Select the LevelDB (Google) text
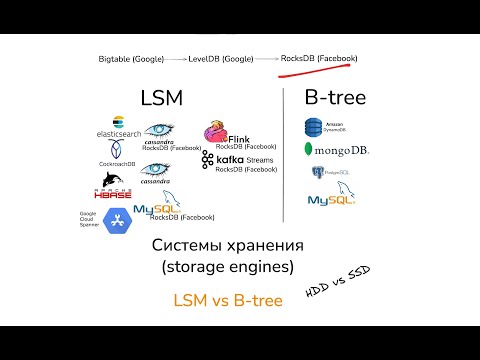(221, 59)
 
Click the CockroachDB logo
(118, 151)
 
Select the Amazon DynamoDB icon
(317, 128)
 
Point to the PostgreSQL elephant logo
(319, 172)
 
